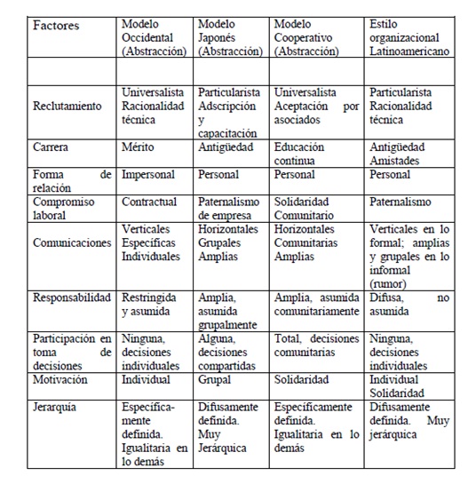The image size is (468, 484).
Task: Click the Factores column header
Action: pos(56,26)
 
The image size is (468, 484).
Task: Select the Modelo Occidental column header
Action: pos(154,37)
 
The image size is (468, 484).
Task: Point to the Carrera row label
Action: pos(52,147)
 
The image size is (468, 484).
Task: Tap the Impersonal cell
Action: pos(149,176)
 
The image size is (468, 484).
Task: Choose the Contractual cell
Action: pos(150,202)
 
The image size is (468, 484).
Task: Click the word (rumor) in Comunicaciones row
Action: pos(392,284)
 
